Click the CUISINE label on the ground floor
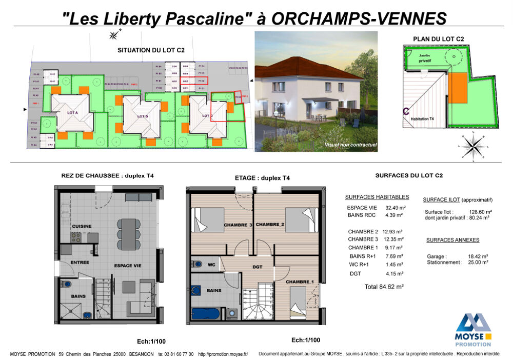pos(82,226)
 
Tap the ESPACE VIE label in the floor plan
pos(128,265)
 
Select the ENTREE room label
pos(81,262)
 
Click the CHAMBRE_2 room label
pos(270,225)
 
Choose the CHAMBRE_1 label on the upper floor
pos(300,282)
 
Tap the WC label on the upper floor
pos(211,265)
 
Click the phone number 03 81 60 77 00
pos(176,354)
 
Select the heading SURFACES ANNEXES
pos(452,240)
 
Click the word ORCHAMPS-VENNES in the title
pos(358,18)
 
